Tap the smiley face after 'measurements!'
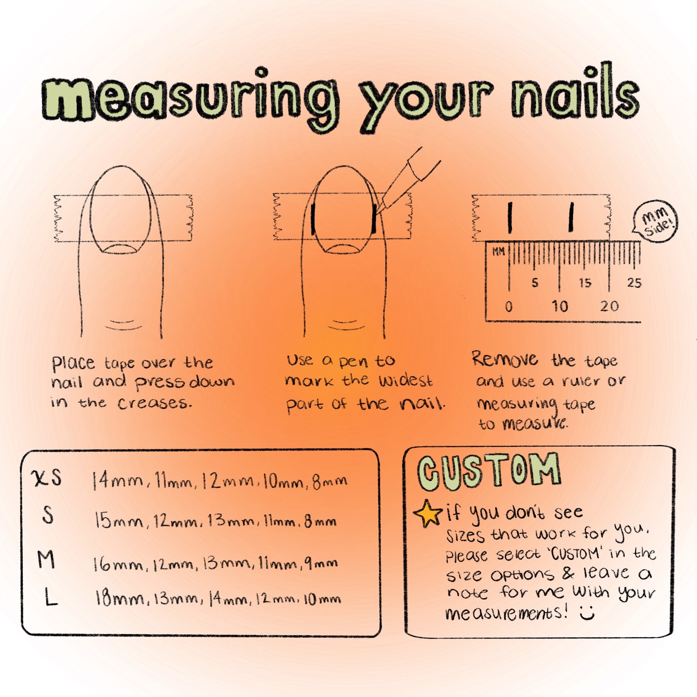pos(587,614)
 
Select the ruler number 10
pos(560,307)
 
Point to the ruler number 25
pos(634,282)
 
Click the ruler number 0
pos(509,307)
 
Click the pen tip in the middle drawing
pos(383,208)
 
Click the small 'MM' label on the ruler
pos(498,252)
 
